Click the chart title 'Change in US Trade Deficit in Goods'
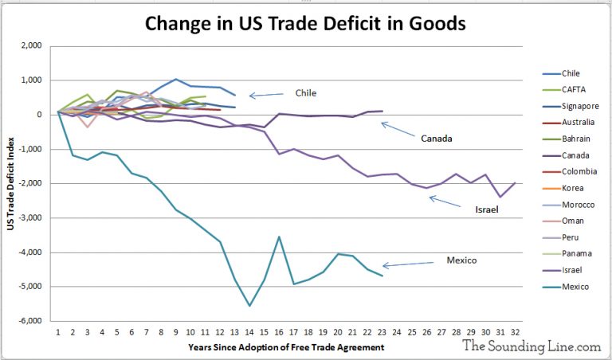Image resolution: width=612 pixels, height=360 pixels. click(305, 23)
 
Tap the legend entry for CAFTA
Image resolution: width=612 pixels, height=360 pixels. click(574, 88)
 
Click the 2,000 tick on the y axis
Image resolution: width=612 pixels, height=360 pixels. click(32, 46)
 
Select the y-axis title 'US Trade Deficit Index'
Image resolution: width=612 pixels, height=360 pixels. click(10, 184)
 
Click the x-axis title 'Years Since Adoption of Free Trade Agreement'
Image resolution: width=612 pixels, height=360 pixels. click(287, 347)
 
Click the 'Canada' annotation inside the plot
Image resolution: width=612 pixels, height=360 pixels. click(436, 138)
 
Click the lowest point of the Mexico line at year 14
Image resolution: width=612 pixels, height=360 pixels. click(250, 305)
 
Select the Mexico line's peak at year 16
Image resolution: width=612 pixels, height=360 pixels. click(280, 237)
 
